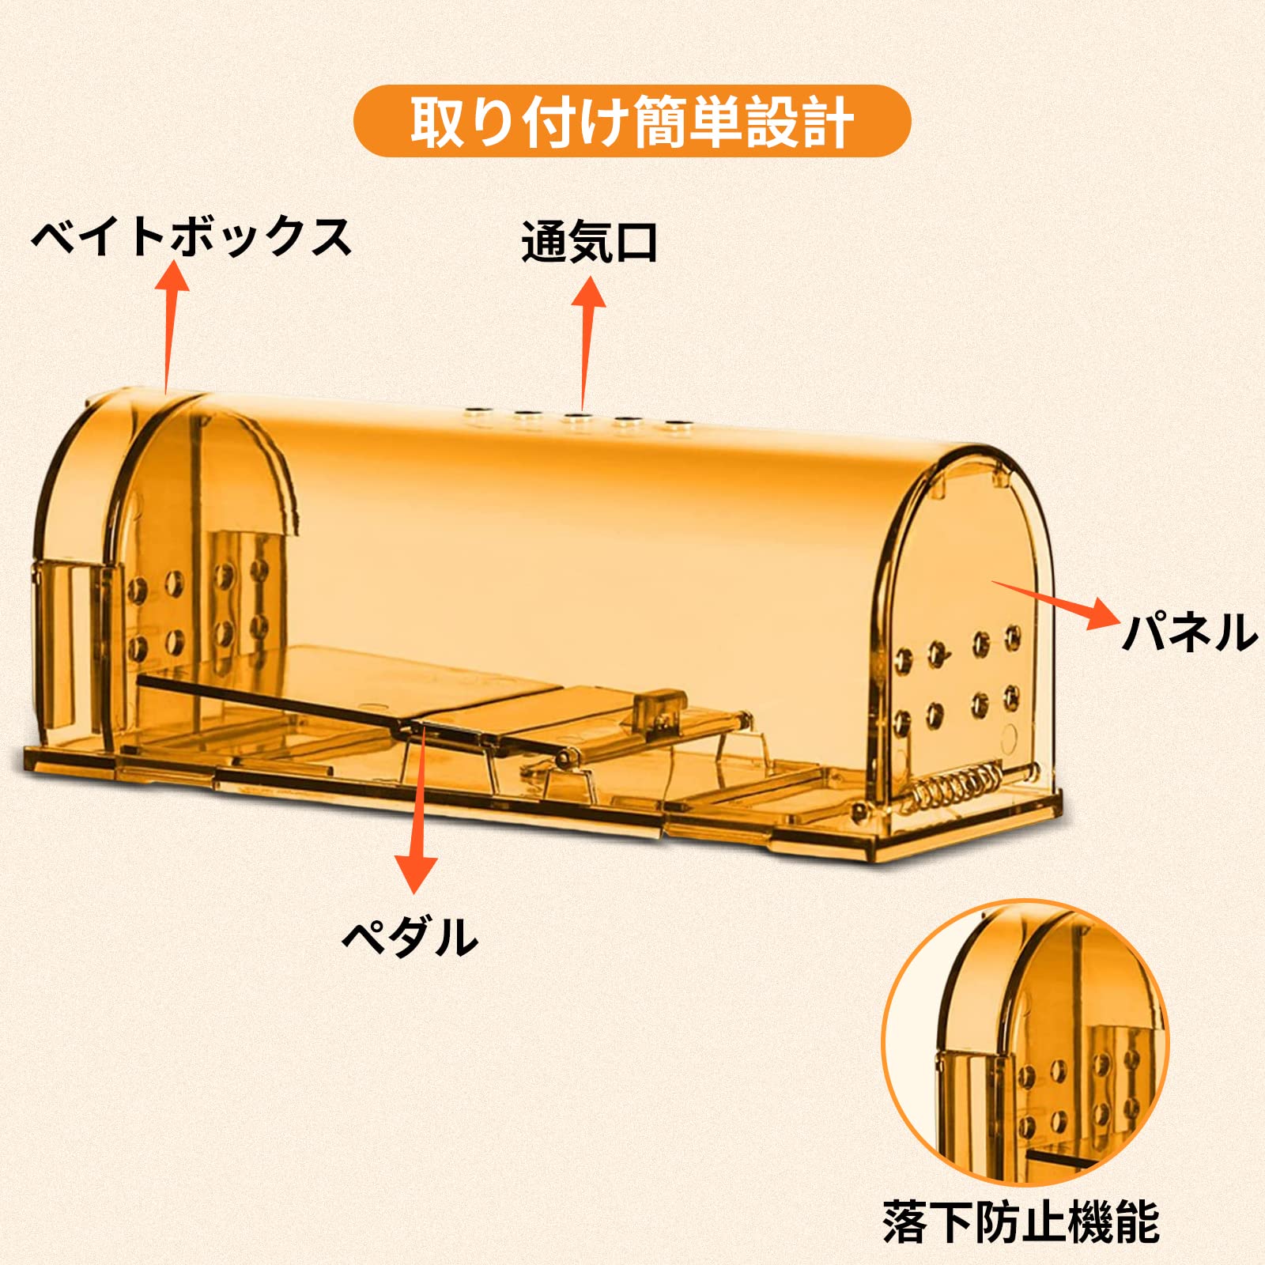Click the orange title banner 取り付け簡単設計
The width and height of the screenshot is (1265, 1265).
click(x=632, y=121)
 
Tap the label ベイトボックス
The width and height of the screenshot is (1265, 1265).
click(x=191, y=236)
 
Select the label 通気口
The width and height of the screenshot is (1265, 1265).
click(x=589, y=242)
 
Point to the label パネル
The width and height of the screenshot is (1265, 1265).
click(x=1189, y=632)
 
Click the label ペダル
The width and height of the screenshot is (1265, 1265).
click(x=410, y=937)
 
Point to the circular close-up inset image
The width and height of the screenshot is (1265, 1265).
click(x=1025, y=1042)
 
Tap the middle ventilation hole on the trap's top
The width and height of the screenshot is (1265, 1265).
click(x=576, y=414)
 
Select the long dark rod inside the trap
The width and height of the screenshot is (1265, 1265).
click(x=274, y=700)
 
